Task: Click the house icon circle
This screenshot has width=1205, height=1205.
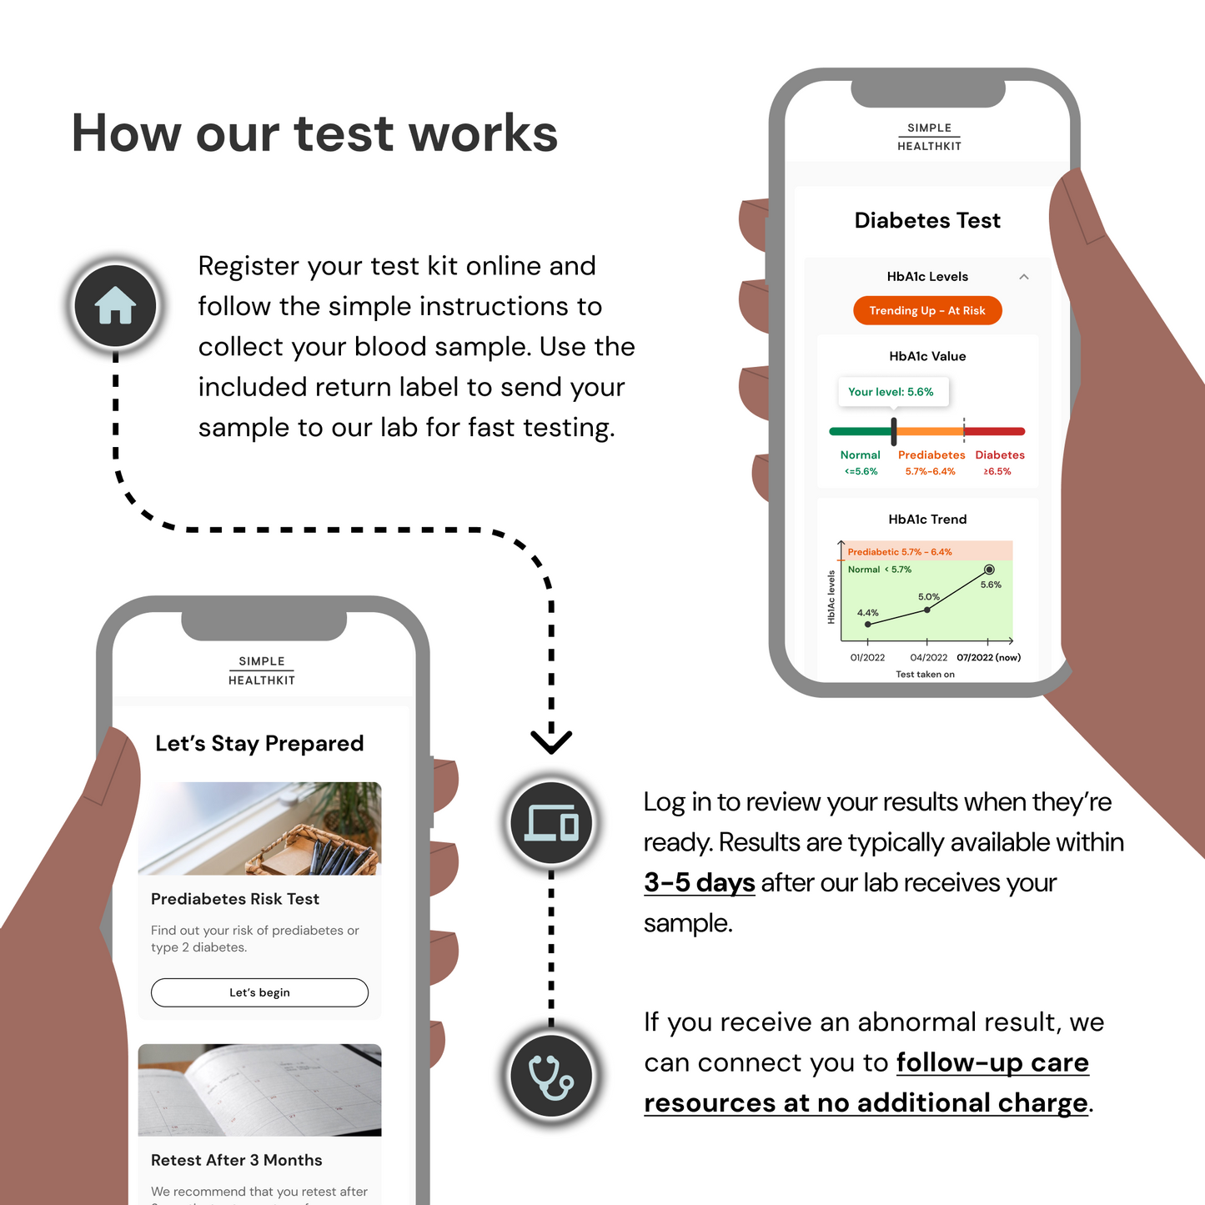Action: [x=115, y=306]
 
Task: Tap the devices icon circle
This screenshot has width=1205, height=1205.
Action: [x=550, y=823]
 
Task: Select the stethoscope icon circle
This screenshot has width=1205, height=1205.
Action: [x=550, y=1076]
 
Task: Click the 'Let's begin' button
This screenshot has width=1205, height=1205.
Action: [x=259, y=992]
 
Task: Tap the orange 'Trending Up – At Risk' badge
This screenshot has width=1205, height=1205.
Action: [x=927, y=310]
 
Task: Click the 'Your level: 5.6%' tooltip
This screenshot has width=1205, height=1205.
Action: [x=891, y=392]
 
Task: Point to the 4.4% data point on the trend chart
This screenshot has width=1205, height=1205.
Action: [x=868, y=624]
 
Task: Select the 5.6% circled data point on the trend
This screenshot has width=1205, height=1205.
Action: [x=989, y=570]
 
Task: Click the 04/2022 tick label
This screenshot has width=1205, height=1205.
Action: [x=928, y=657]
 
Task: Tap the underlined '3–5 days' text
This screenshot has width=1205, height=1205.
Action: [x=699, y=882]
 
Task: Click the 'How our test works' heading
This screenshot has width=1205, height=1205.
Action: [x=314, y=133]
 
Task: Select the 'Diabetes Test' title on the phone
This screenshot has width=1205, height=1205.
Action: [x=927, y=220]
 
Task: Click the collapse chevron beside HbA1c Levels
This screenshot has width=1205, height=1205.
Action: [x=1024, y=277]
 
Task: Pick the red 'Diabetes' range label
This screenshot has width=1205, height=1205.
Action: [x=1000, y=455]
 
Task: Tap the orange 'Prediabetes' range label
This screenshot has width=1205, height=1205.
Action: [x=931, y=455]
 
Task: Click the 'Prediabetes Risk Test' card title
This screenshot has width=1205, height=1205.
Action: [x=235, y=899]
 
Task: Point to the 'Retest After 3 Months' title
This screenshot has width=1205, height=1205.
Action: [x=237, y=1160]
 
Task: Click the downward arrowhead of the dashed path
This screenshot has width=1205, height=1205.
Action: [x=551, y=741]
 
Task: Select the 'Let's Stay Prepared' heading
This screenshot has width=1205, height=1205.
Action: [x=259, y=743]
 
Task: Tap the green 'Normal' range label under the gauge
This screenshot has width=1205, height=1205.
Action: [x=861, y=455]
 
